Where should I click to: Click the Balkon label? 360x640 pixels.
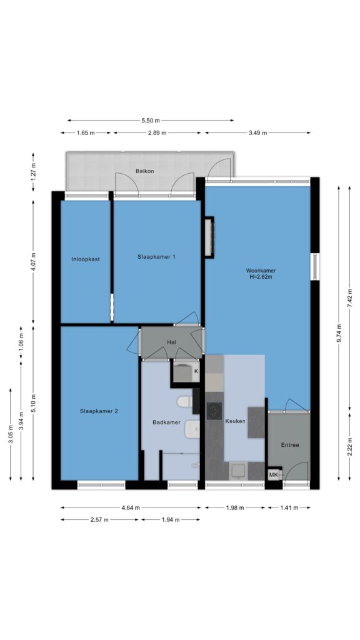(x=145, y=171)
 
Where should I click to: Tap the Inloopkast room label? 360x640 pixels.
(x=85, y=259)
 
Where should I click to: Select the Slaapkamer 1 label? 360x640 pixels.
(x=156, y=257)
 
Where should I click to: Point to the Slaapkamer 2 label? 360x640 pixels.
(x=99, y=411)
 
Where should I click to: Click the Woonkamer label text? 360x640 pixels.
(x=261, y=270)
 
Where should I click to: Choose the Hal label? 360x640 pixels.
(x=171, y=342)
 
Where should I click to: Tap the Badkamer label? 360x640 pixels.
(x=166, y=422)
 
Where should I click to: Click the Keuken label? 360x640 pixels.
(x=236, y=421)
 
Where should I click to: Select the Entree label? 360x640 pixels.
(x=290, y=445)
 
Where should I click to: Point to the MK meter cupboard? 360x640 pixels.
(x=274, y=475)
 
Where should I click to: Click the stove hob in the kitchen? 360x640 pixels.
(x=214, y=411)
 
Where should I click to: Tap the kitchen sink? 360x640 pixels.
(x=238, y=470)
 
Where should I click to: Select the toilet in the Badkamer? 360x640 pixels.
(x=184, y=402)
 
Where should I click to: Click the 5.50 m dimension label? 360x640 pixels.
(x=151, y=121)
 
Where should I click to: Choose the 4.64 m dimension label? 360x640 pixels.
(x=131, y=507)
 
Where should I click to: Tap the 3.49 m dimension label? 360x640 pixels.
(x=257, y=132)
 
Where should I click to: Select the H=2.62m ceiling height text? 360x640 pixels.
(x=261, y=276)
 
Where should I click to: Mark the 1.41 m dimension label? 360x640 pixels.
(x=289, y=507)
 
